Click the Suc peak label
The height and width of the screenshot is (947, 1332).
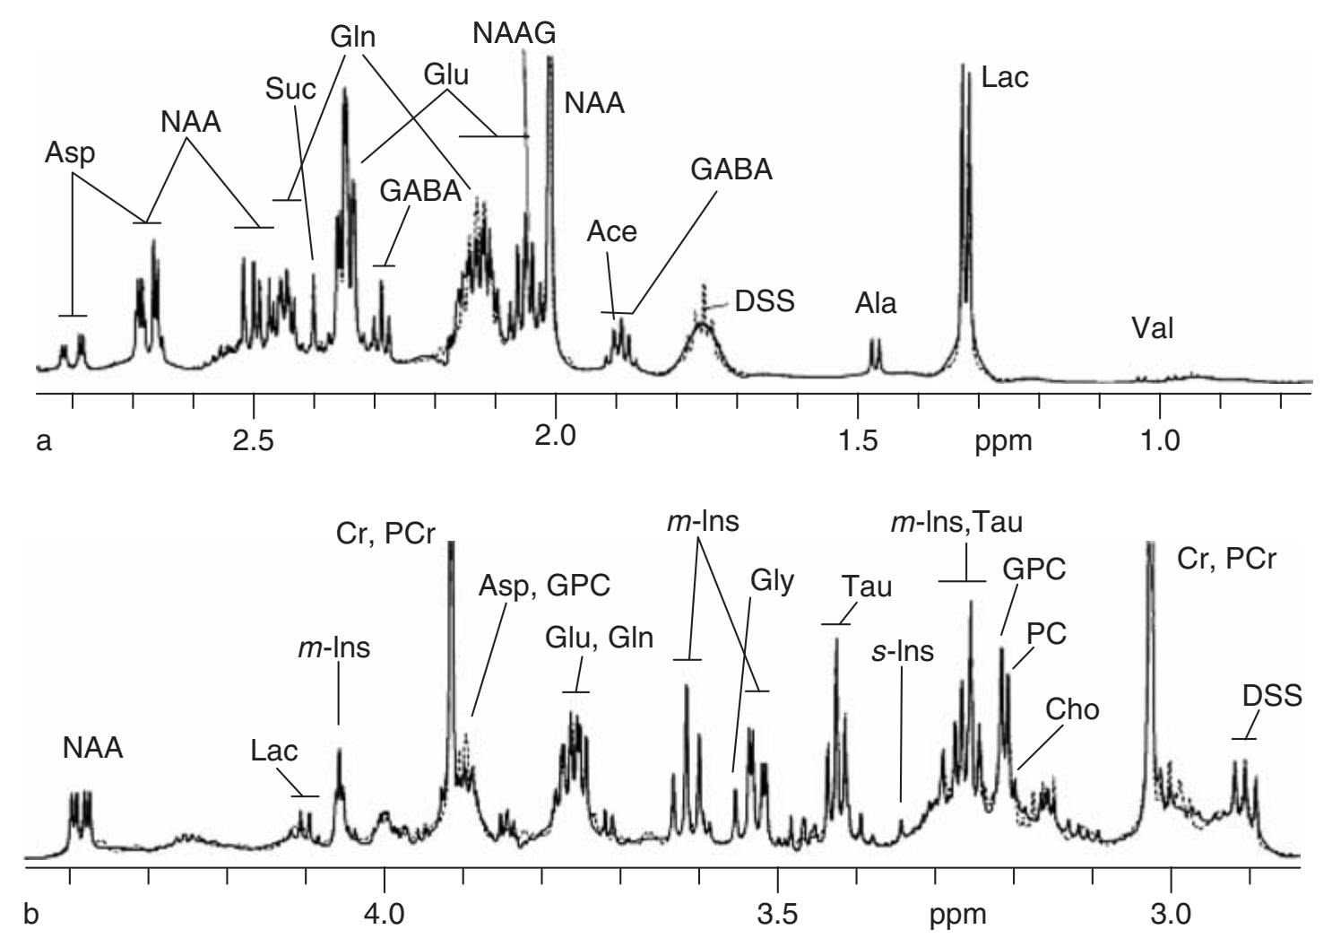coord(290,89)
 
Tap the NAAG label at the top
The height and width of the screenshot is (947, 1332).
coord(515,33)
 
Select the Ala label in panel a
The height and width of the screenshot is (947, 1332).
coord(875,303)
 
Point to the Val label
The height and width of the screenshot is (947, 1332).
coord(1152,328)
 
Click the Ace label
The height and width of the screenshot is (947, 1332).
coord(611,231)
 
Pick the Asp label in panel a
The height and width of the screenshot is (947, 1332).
coord(69,152)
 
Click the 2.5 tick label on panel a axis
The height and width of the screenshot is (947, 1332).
coord(254,441)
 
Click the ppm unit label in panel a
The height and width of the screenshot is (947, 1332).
coord(1003,441)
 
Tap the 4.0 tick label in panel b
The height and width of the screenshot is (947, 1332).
coord(385,916)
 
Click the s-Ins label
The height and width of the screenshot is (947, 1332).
coord(903,651)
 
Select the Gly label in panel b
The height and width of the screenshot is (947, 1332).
coord(772,581)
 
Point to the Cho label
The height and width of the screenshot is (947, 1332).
coord(1072,709)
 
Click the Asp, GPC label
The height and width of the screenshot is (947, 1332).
coord(544,586)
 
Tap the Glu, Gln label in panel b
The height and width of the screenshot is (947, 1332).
coord(599,639)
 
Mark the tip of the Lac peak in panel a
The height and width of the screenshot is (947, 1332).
coord(963,65)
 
